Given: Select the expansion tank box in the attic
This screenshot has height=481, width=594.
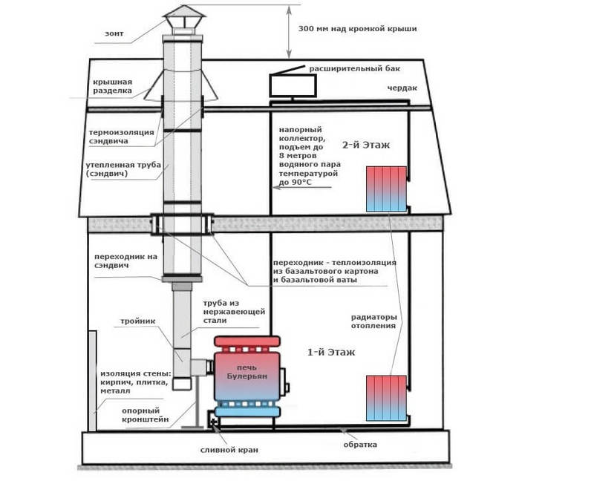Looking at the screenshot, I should (292, 86).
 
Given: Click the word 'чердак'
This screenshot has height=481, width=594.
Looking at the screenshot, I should (402, 88).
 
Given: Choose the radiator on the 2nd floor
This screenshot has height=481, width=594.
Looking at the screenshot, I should (386, 189).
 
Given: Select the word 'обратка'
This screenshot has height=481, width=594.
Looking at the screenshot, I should (359, 445).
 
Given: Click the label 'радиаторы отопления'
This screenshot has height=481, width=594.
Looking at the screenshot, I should (373, 322).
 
